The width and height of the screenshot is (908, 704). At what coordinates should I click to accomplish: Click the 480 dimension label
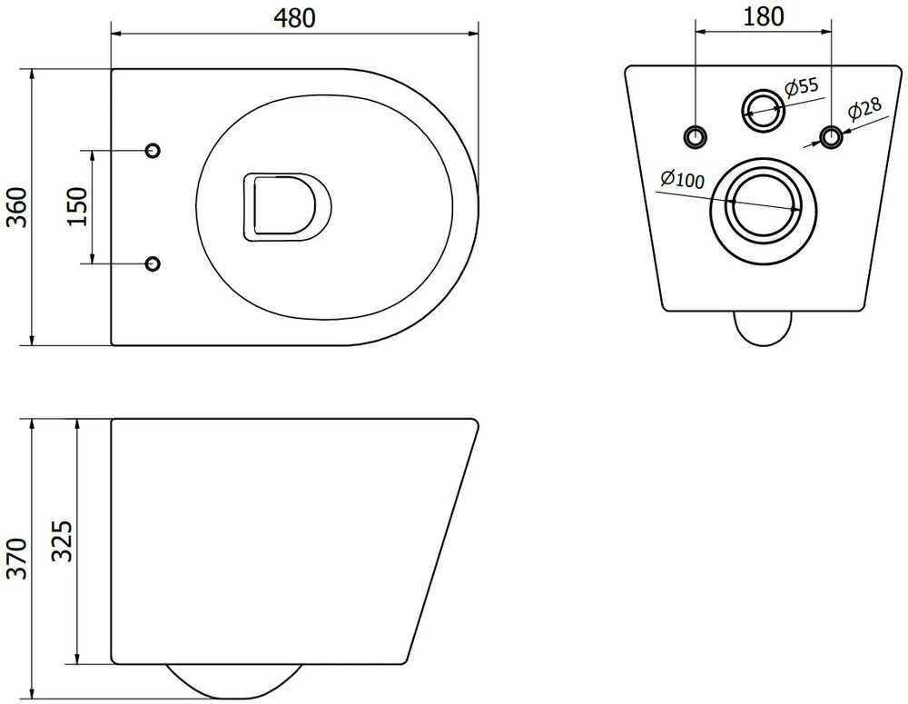[295, 18]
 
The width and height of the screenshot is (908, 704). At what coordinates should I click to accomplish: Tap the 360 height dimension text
[16, 207]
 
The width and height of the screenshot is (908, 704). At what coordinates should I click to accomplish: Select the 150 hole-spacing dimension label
[76, 207]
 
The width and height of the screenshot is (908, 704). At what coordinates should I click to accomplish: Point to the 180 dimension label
[764, 16]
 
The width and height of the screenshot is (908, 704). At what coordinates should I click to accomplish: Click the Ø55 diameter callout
[802, 87]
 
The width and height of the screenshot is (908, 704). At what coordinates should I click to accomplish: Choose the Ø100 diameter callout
[682, 179]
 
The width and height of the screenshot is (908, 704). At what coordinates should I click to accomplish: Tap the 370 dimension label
[16, 558]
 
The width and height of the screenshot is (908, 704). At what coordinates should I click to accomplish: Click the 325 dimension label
[62, 540]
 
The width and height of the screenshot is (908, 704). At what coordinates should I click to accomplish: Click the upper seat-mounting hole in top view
[153, 151]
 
